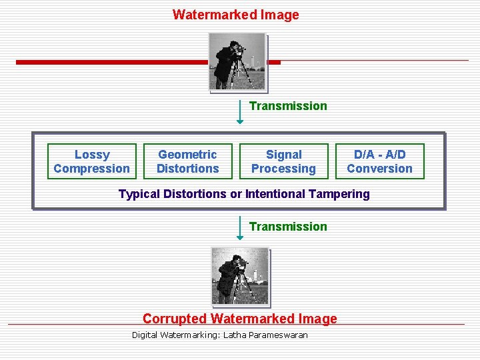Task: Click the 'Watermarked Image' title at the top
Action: pos(235,15)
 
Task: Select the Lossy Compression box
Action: pos(92,161)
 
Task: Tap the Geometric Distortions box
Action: pos(187,161)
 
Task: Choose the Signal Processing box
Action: pos(284,161)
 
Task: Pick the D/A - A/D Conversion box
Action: pos(379,161)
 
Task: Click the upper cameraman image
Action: pos(237,61)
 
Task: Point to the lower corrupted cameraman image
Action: pos(240,275)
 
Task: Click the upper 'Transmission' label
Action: pos(288,105)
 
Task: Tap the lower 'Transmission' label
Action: pos(288,226)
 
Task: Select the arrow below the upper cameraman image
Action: pos(240,111)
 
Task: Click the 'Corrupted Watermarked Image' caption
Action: pos(240,319)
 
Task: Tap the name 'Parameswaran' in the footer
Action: pos(278,335)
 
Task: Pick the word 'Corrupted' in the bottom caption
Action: pos(175,319)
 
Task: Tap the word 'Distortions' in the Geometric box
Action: pos(187,169)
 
